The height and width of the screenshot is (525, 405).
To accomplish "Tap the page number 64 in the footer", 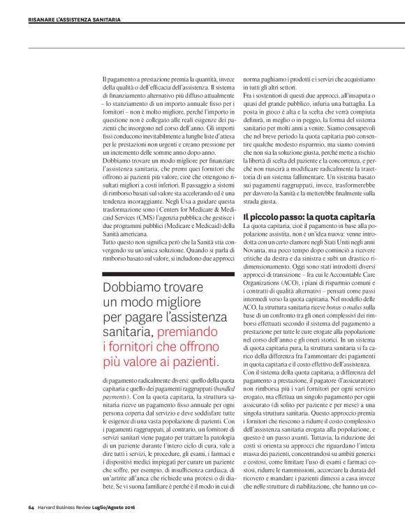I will pyautogui.click(x=31, y=505).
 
